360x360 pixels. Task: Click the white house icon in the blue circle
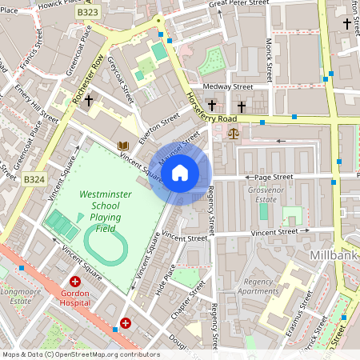pyautogui.click(x=180, y=172)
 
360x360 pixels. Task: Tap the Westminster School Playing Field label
pyautogui.click(x=100, y=211)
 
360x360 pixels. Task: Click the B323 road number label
pyautogui.click(x=89, y=14)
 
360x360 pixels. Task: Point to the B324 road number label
pyautogui.click(x=34, y=180)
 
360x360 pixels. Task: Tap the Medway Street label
pyautogui.click(x=227, y=86)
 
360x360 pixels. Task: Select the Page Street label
pyautogui.click(x=270, y=177)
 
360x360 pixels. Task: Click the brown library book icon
pyautogui.click(x=123, y=146)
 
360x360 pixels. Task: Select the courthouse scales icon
pyautogui.click(x=233, y=133)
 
